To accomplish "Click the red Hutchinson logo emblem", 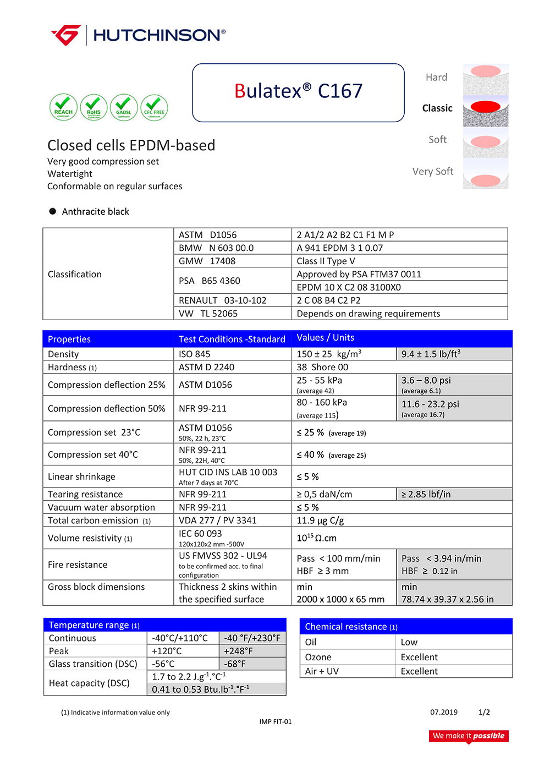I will pos(67,35).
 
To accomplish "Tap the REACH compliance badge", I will pos(63,107).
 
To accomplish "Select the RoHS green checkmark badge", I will pos(94,107).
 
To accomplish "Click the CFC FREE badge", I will pos(154,107).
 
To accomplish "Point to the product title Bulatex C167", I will pos(298,91).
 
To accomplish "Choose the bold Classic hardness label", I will pos(437,108).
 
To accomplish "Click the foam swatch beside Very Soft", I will pos(486,174).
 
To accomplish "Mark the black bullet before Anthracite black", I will pos(53,211).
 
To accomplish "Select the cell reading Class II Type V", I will pos(326,261).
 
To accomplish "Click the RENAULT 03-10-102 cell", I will pos(223,300).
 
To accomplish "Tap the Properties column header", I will pos(69,339).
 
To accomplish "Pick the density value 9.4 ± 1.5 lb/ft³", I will pos(431,354).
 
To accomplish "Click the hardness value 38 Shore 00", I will pos(322,368).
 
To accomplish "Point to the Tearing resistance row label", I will pos(85,495).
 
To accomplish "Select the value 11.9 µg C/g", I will pos(320,521).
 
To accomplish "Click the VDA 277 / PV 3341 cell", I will pos(218,521).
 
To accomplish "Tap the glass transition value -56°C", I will pos(163,664).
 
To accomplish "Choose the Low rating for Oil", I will pos(409,642).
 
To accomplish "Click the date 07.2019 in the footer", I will pos(444,712).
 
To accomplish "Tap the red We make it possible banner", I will pos(469,736).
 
